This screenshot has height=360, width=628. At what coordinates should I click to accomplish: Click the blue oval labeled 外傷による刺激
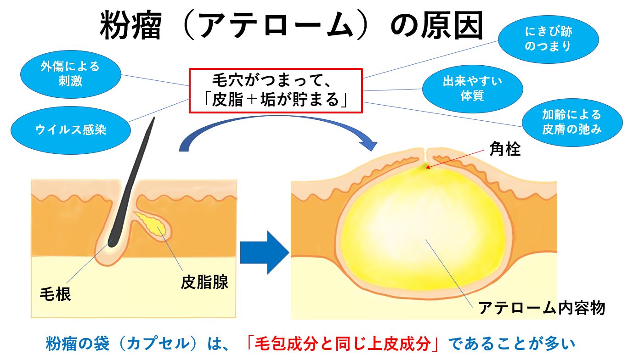point(70,73)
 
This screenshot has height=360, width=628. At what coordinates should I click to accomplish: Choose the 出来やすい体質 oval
point(472,89)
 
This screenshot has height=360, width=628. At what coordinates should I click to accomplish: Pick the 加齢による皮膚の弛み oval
point(571,122)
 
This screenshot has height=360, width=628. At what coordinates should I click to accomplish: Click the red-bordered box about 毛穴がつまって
point(276,90)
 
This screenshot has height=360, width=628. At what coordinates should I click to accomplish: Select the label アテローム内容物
point(542,307)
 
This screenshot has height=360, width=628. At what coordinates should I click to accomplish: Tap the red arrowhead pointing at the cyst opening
point(428,167)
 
